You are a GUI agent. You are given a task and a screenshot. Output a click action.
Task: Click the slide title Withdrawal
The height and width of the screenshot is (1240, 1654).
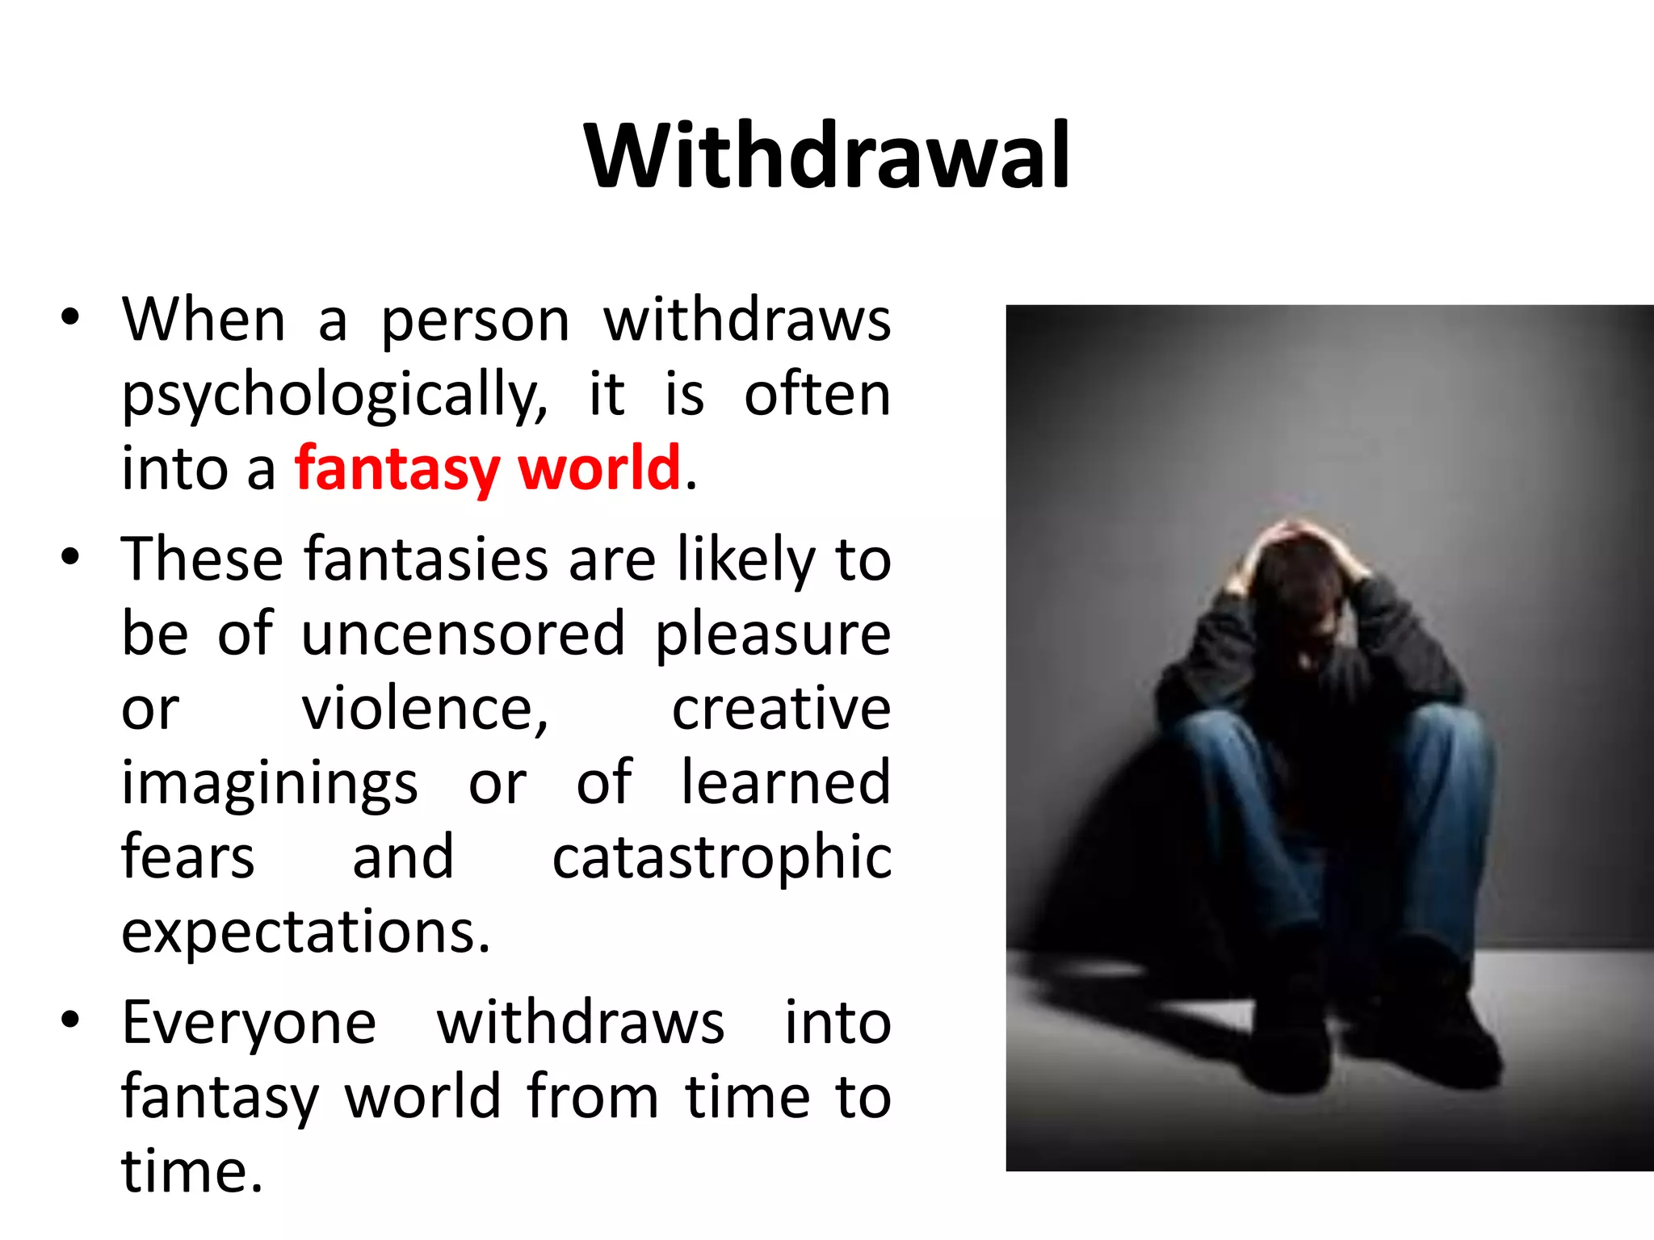click(827, 155)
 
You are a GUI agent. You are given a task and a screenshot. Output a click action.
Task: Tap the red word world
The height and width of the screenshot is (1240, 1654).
click(599, 468)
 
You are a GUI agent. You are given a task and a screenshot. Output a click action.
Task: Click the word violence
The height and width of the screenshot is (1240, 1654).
click(425, 709)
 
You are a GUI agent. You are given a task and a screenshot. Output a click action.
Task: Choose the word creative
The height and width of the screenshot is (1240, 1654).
click(781, 709)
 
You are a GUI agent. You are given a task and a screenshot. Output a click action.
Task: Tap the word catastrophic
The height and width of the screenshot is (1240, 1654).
click(721, 857)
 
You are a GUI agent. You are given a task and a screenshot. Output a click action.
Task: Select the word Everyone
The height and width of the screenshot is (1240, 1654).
click(249, 1024)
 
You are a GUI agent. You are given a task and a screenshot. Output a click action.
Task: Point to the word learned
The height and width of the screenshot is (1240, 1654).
click(785, 781)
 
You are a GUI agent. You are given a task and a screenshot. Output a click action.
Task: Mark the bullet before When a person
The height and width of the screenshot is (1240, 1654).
click(70, 316)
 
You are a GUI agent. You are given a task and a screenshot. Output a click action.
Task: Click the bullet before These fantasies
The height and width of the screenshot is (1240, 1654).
click(70, 556)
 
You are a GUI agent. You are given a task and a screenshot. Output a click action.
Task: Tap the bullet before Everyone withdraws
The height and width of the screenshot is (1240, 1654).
click(70, 1019)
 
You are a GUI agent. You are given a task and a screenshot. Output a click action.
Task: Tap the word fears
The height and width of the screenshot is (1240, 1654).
click(187, 857)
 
